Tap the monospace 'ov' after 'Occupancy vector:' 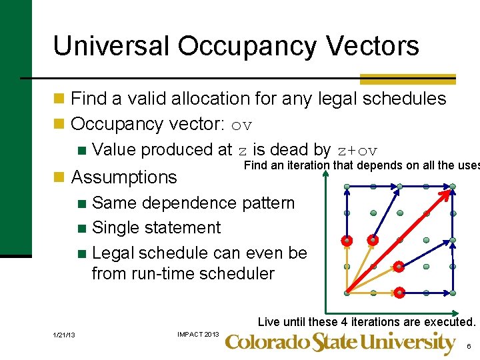[x=242, y=125]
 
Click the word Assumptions [x=124, y=177]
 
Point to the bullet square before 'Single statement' [x=82, y=228]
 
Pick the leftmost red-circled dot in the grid [x=347, y=239]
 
